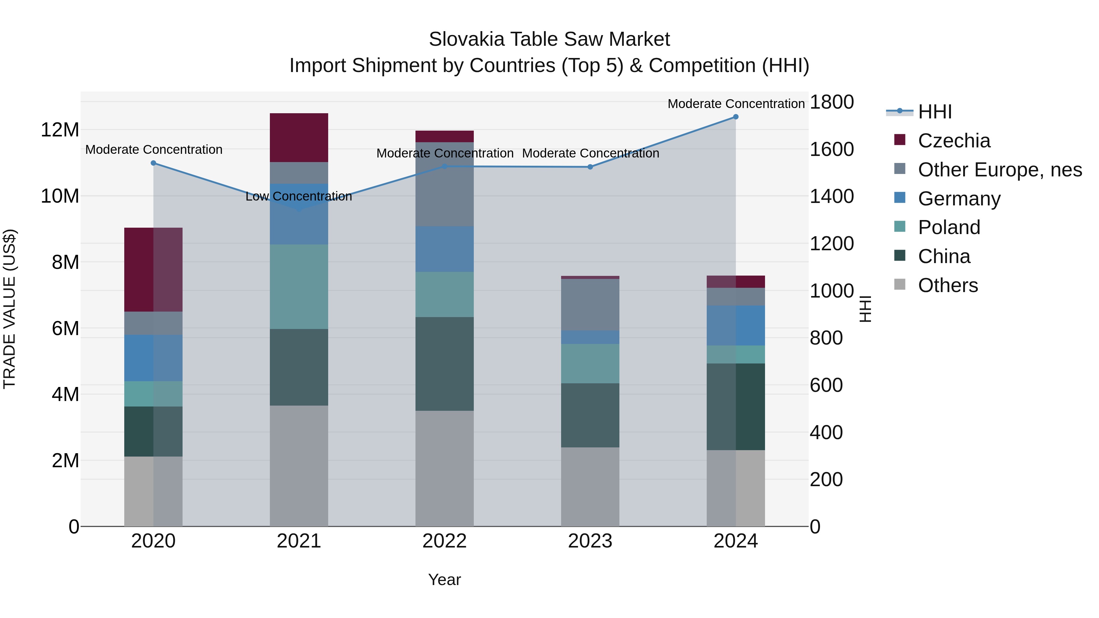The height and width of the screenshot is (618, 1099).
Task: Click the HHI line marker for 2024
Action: coord(735,117)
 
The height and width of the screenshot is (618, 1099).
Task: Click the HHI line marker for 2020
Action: coord(154,163)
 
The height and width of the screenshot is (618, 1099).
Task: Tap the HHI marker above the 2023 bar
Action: coord(590,167)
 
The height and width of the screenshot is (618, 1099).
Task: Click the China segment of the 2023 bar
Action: coord(590,415)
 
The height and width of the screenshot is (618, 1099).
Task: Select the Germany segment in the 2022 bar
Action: coord(444,249)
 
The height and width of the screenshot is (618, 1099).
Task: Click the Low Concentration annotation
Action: coord(299,197)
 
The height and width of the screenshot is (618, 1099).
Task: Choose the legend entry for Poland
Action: coord(949,227)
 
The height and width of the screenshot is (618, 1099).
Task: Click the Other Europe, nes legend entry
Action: coord(999,170)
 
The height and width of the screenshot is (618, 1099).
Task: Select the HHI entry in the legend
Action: coord(934,112)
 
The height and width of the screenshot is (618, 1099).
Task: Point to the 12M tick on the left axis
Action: coord(60,130)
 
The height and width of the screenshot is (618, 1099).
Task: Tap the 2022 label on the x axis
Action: coord(444,541)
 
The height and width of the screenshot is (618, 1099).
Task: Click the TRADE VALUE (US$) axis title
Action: coord(9,309)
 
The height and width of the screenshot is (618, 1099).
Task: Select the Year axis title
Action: coord(444,580)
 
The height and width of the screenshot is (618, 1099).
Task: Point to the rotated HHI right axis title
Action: coord(865,309)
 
